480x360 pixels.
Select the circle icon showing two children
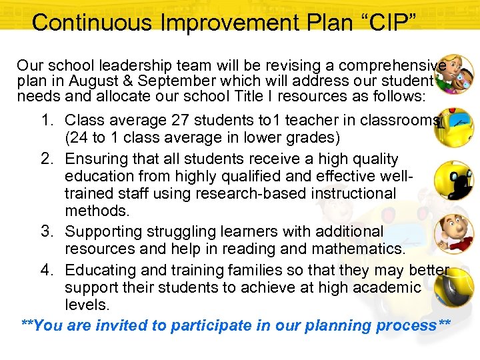454,75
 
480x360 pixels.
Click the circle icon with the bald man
454,234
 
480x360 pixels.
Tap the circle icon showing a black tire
454,289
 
